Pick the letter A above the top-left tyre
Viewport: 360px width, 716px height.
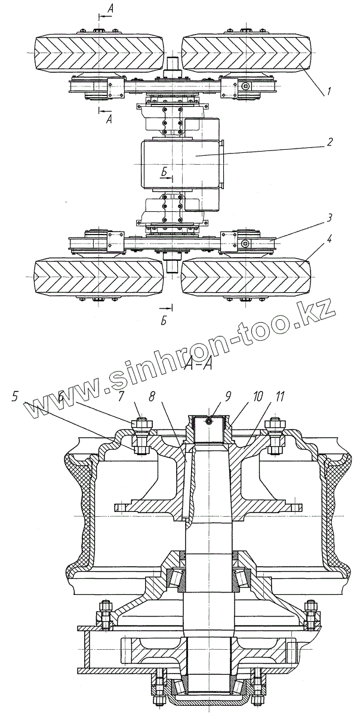[109, 8]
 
